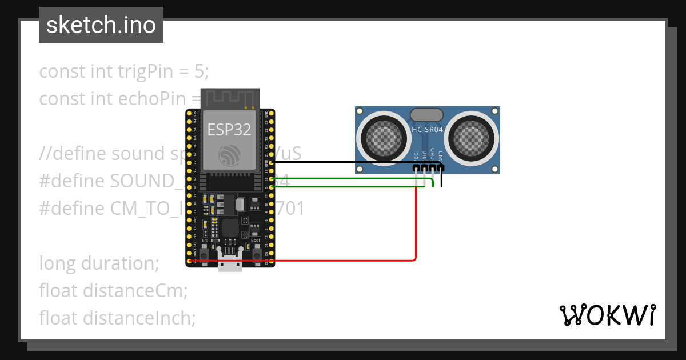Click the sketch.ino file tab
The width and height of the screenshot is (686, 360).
101,25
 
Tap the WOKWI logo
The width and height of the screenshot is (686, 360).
607,315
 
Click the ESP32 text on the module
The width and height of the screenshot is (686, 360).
229,130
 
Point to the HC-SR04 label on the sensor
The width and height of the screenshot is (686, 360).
427,130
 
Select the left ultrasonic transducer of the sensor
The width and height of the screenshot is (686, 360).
380,138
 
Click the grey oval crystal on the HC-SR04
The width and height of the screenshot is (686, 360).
426,115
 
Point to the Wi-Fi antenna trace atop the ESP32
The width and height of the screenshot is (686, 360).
229,98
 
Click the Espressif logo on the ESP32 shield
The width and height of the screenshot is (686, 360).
229,154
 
